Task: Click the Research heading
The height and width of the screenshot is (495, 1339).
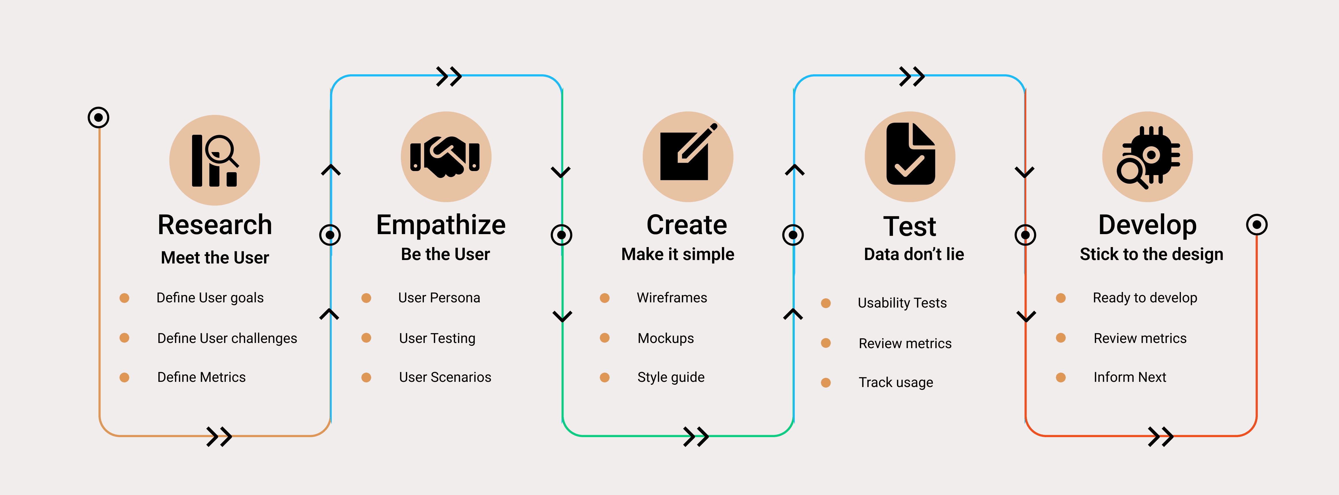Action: pos(215,225)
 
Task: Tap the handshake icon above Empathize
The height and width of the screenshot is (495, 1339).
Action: pos(445,157)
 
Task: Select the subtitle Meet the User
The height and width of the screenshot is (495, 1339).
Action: pos(215,257)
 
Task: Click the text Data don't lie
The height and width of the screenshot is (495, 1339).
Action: pos(913,254)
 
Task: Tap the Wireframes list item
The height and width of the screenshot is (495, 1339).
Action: pos(672,298)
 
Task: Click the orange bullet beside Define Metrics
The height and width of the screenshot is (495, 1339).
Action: pos(124,378)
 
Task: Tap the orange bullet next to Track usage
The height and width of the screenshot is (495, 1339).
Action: pos(826,383)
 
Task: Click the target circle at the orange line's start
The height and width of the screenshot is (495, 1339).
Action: pos(98,117)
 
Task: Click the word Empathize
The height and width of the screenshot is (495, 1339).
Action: pos(441,225)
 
